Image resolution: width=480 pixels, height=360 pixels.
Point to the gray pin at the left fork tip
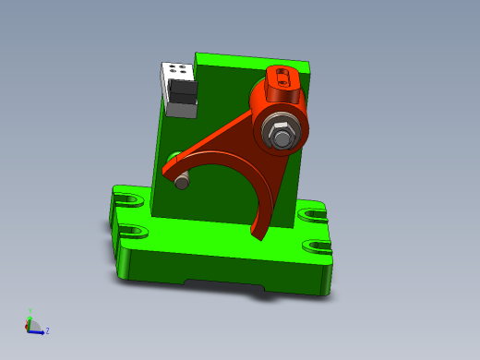pos(182,183)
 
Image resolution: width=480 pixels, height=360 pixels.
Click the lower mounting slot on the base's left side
pos(132,232)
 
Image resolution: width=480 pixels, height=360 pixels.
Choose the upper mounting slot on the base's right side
pos(313,213)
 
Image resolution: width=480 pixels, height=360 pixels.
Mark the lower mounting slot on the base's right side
pos(318,246)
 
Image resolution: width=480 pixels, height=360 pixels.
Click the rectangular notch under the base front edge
pos(222,283)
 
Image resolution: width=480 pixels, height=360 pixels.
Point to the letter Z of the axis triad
pos(47,330)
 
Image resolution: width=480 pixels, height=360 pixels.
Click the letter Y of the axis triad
pos(30,312)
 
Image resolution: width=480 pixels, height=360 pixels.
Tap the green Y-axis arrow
pos(30,320)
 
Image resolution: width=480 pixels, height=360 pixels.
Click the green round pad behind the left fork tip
pos(174,157)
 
